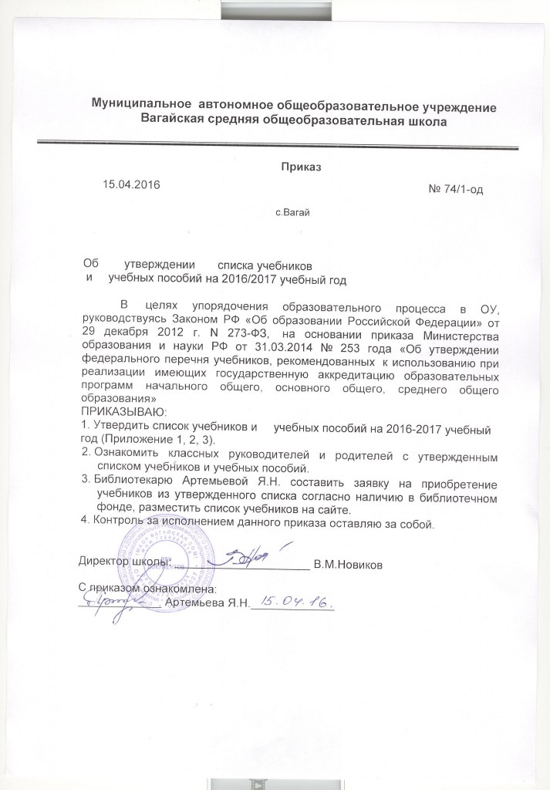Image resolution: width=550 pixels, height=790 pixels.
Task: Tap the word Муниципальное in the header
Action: (x=140, y=104)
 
